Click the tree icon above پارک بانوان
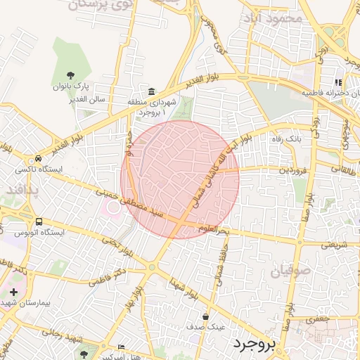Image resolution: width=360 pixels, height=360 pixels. click(x=70, y=75)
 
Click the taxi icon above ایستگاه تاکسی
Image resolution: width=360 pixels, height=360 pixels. click(x=38, y=159)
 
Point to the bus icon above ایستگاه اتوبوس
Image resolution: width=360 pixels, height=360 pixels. click(x=39, y=220)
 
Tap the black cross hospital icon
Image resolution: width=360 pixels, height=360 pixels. click(x=14, y=291)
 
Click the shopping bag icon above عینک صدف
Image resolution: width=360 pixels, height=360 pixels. click(x=205, y=316)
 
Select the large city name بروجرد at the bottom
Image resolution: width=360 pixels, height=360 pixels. click(x=256, y=344)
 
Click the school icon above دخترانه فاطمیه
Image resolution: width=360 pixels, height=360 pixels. click(x=339, y=82)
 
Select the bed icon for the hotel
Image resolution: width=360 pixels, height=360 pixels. click(x=120, y=347)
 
